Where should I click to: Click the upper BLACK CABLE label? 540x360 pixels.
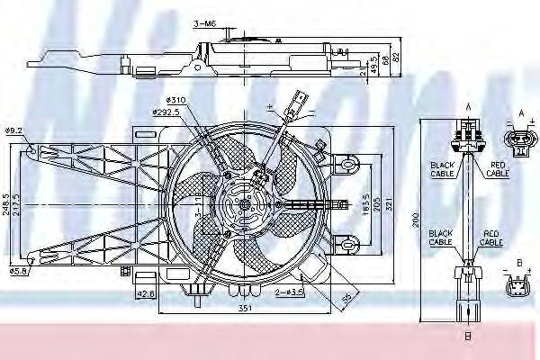coord(442,168)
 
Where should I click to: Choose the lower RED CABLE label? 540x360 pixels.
coord(490,238)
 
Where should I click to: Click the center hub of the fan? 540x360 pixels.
coord(245,204)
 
